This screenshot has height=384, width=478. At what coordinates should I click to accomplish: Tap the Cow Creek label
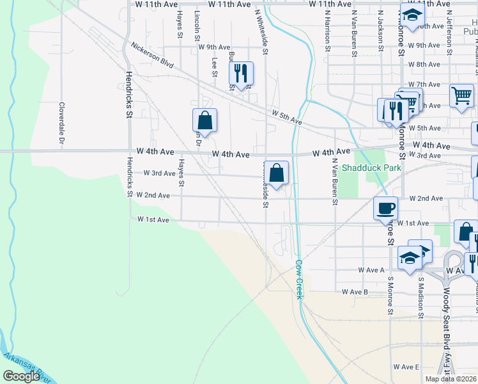[x=298, y=279]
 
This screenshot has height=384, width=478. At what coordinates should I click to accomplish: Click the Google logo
[x=21, y=376]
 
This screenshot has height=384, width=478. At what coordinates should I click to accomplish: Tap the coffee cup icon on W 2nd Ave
[x=386, y=208]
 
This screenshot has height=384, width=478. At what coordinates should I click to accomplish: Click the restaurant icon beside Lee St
[x=241, y=74]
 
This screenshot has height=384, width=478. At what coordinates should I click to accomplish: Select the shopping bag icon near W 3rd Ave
[x=276, y=173]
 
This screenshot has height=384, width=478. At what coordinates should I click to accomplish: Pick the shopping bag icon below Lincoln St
[x=204, y=120]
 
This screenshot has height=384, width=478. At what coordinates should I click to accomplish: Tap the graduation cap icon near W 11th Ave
[x=412, y=15]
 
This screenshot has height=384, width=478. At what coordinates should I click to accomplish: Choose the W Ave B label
[x=355, y=292]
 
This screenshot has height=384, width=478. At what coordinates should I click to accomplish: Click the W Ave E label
[x=406, y=367]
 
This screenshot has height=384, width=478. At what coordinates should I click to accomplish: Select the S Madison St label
[x=421, y=298]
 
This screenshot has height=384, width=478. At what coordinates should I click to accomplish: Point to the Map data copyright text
[x=451, y=379]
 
